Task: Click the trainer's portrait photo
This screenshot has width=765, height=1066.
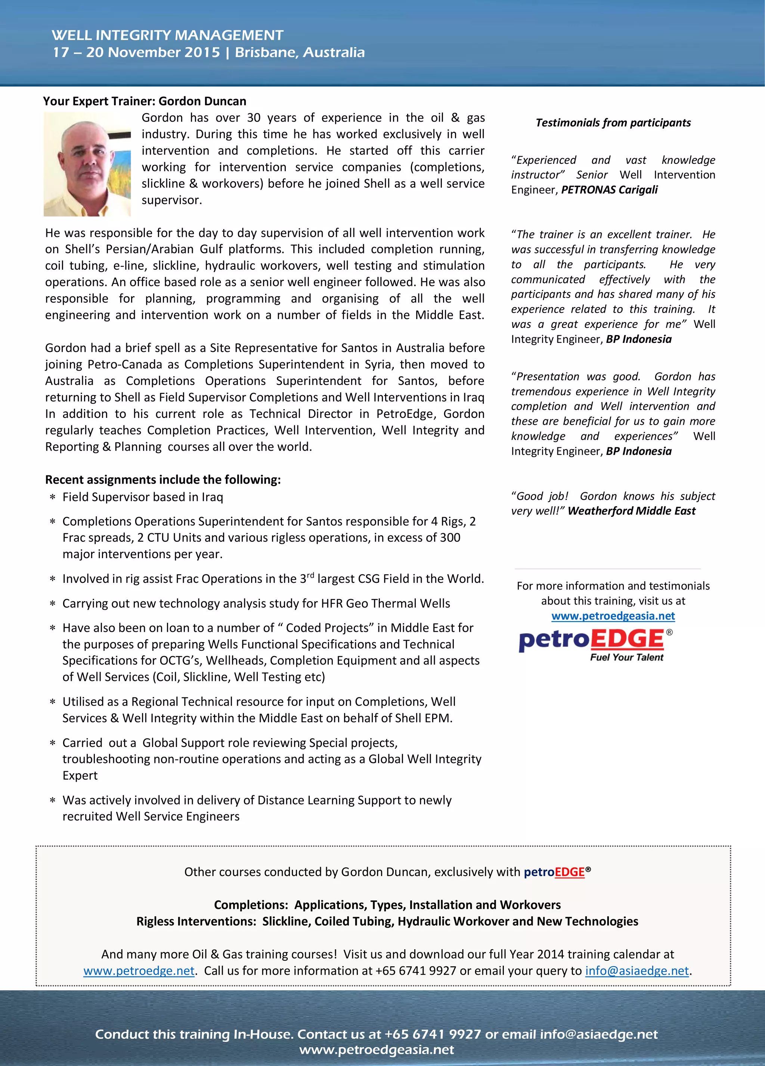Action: click(x=87, y=164)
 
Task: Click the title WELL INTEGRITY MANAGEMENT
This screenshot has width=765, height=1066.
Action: click(x=167, y=35)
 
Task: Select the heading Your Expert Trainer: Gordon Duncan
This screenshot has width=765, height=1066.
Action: click(x=145, y=101)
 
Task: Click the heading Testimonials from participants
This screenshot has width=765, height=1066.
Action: click(x=613, y=123)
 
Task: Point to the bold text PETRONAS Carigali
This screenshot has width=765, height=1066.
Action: click(x=609, y=190)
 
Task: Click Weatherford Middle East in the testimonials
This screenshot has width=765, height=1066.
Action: click(x=631, y=511)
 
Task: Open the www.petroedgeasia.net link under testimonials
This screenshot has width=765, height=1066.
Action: click(x=613, y=616)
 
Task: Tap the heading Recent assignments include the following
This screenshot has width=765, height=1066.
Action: click(x=163, y=479)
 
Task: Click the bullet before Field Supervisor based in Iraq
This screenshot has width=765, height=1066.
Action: click(x=53, y=497)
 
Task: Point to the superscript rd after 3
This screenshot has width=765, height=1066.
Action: click(x=310, y=575)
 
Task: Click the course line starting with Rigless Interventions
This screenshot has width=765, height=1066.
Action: click(x=387, y=921)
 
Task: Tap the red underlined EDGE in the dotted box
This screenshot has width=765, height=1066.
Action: click(x=569, y=872)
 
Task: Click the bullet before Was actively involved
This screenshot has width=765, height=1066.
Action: click(x=53, y=800)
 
